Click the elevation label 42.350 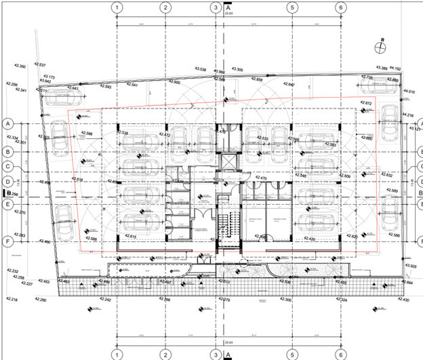click(x=19, y=66)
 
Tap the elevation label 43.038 click(x=201, y=68)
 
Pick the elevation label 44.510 click(x=409, y=90)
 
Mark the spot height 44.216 click(x=407, y=116)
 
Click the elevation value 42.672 click(x=366, y=103)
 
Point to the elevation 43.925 click(x=409, y=266)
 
